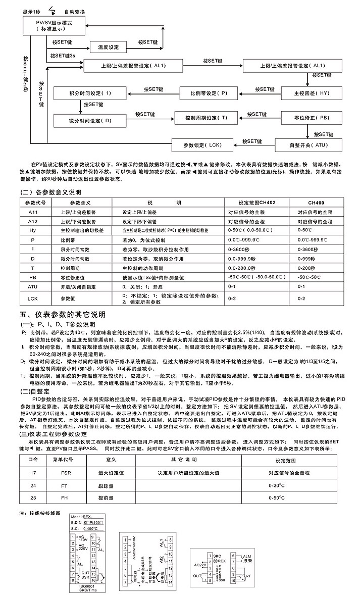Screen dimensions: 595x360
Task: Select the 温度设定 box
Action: click(107, 47)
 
